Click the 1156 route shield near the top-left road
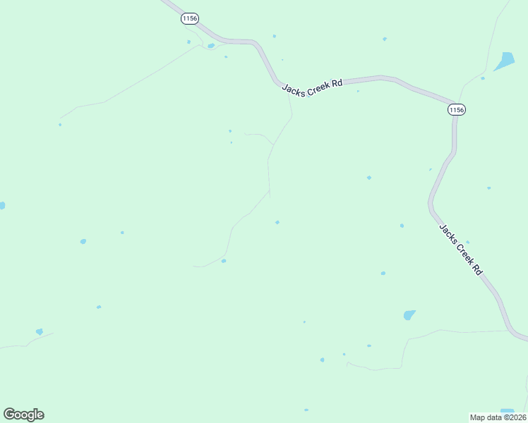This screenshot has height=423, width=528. coord(189,18)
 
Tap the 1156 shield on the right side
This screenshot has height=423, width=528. coord(457,109)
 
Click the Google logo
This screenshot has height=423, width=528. coord(23,415)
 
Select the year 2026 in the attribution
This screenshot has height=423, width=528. coord(515,417)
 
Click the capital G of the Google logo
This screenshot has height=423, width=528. coord(9,414)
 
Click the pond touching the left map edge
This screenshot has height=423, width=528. coord(2,205)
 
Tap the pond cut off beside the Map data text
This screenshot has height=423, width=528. coord(507,410)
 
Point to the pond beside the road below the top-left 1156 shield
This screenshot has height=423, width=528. coord(210,46)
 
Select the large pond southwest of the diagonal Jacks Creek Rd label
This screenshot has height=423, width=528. coord(409,315)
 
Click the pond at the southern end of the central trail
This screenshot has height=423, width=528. coord(224,261)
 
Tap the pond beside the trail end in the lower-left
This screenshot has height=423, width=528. coord(40,331)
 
